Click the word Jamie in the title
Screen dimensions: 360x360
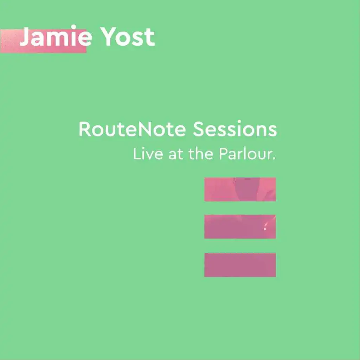click(x=56, y=36)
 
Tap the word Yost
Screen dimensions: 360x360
click(x=128, y=37)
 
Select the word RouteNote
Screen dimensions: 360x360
click(x=132, y=129)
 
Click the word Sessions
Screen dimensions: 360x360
click(x=235, y=129)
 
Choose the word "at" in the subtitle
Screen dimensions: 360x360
click(x=176, y=154)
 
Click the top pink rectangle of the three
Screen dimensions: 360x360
click(x=240, y=189)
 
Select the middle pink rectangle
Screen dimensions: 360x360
click(x=240, y=227)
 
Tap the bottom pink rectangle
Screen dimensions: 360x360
click(x=240, y=265)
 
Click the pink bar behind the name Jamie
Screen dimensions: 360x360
click(x=43, y=41)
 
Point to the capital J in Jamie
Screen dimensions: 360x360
click(x=25, y=37)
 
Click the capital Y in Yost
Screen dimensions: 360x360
click(x=108, y=37)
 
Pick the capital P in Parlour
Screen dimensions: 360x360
click(x=224, y=154)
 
